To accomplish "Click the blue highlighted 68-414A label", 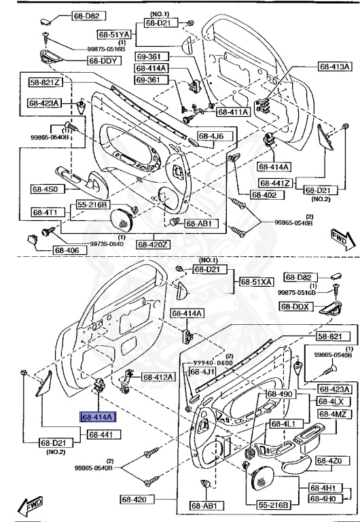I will tap(98, 417).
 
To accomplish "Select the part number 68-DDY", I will tap(103, 60).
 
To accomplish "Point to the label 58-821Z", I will tap(45, 82).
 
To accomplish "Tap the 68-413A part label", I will tap(335, 67).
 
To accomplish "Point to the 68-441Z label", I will tap(276, 184).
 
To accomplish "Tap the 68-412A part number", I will tap(158, 377).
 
